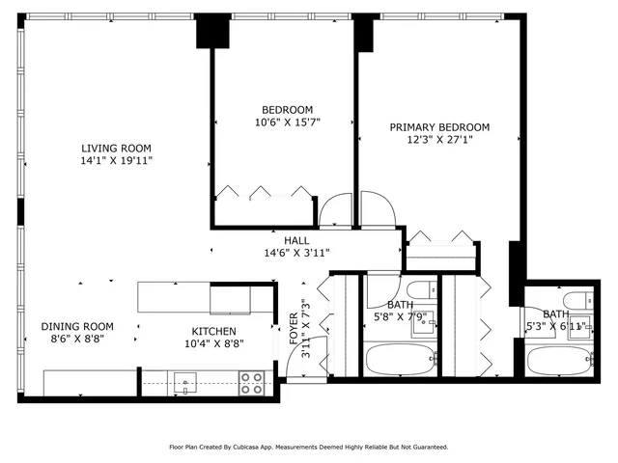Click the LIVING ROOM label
[x=117, y=148]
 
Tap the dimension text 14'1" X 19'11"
[x=117, y=161]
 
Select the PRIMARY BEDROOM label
[x=439, y=127]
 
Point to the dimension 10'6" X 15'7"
[x=288, y=123]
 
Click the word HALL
[x=296, y=240]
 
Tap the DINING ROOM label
[x=77, y=327]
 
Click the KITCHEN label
[x=214, y=331]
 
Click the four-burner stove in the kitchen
[x=252, y=383]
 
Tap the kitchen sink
[x=183, y=384]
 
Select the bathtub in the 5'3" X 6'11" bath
[x=559, y=362]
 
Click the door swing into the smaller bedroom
[x=335, y=209]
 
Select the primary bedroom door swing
[x=376, y=207]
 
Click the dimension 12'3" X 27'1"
[x=439, y=140]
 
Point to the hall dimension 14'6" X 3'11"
[x=296, y=253]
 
